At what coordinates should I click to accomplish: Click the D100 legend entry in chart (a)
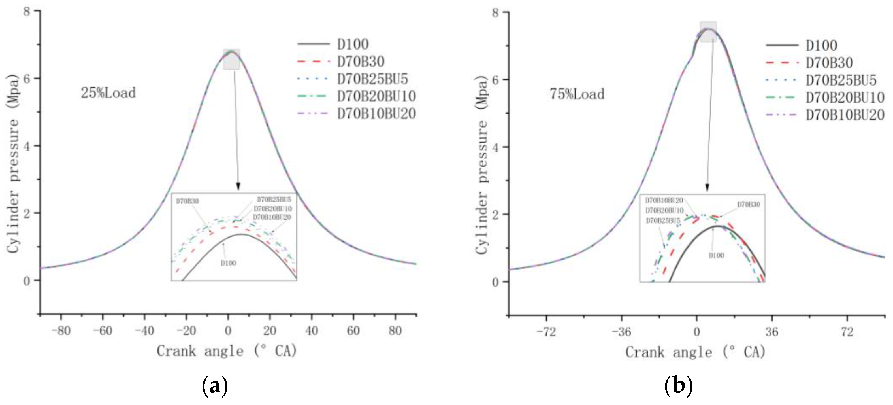(x=353, y=44)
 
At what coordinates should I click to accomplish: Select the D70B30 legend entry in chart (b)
(x=829, y=63)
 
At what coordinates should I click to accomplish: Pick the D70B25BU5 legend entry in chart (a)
(x=372, y=79)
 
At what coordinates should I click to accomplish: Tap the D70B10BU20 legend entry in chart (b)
(x=845, y=115)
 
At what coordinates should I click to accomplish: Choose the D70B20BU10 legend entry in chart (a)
(x=376, y=96)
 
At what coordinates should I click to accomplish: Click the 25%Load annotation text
(x=108, y=93)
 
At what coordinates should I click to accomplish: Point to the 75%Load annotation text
(x=577, y=94)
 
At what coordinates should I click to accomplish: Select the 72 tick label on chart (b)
(x=847, y=332)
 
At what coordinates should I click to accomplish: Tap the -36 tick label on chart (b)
(x=621, y=332)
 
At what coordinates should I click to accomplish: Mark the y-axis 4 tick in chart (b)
(x=495, y=147)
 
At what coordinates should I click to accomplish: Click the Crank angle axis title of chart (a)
(x=227, y=351)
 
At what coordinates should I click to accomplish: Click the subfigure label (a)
(x=215, y=385)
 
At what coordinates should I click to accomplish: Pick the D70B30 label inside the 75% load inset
(x=749, y=204)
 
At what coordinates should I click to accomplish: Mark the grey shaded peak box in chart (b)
(x=708, y=31)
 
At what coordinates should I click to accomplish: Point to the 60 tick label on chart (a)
(x=353, y=331)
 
